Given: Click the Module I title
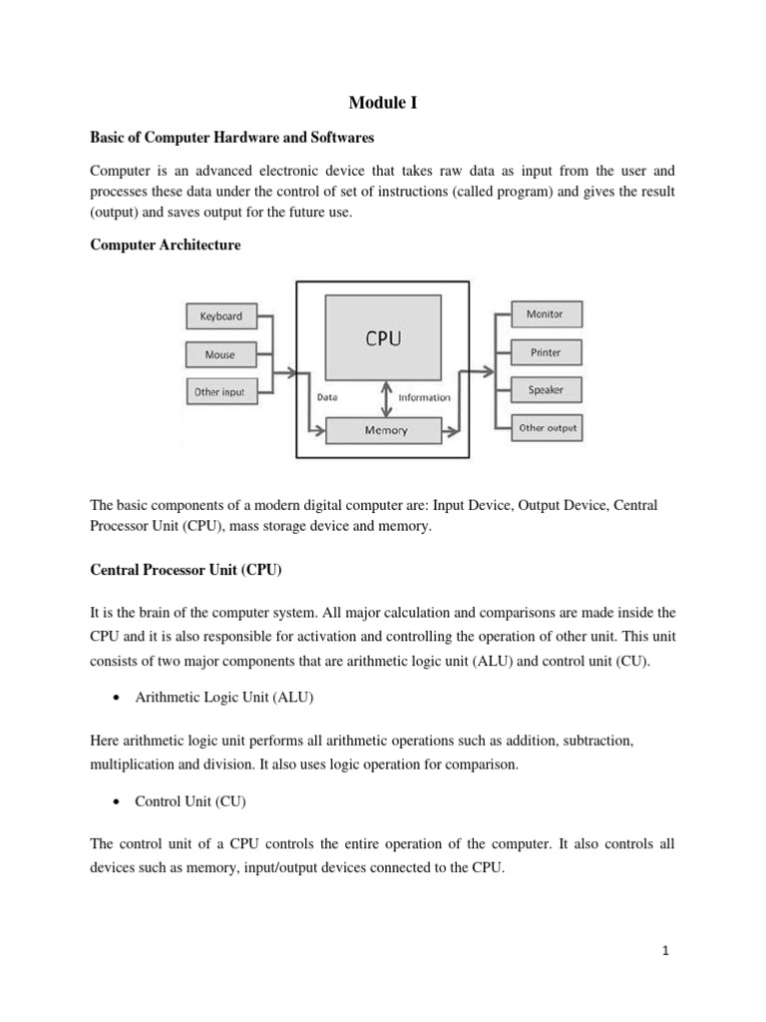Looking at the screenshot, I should click(x=383, y=102).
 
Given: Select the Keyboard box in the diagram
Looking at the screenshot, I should click(x=220, y=316).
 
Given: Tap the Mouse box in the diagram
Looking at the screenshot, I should click(x=220, y=354).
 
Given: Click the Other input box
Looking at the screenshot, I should click(x=219, y=392).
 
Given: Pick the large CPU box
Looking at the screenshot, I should click(x=383, y=338).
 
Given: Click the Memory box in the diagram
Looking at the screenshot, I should click(x=386, y=431).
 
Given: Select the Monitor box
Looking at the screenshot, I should click(x=546, y=314).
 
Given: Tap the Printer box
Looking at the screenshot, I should click(x=546, y=352).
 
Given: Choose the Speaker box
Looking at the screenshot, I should click(x=546, y=390).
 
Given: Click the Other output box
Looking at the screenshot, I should click(x=547, y=428).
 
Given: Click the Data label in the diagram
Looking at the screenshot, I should click(x=327, y=397).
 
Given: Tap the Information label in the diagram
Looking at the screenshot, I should click(x=424, y=397).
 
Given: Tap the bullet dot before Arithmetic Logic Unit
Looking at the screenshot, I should click(x=118, y=700).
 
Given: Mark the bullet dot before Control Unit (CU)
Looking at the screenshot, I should click(x=118, y=802).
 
